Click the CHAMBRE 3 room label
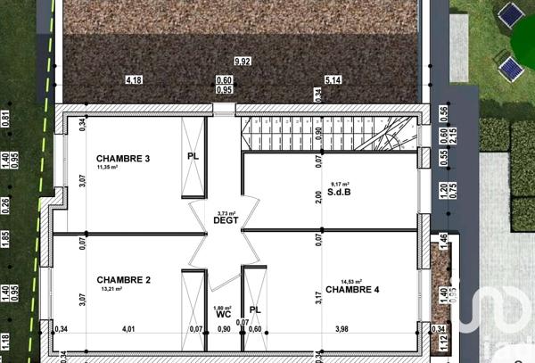pos(123,159)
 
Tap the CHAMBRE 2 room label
pos(123,280)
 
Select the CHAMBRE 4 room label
pos(352,290)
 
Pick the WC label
pos(224,315)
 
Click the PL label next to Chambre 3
pos(193,156)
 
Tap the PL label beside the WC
pos(255,310)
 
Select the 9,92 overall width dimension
pos(242,62)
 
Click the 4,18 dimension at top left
pos(134,80)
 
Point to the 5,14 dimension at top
pos(333,80)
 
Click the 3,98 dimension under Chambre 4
pos(342,330)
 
